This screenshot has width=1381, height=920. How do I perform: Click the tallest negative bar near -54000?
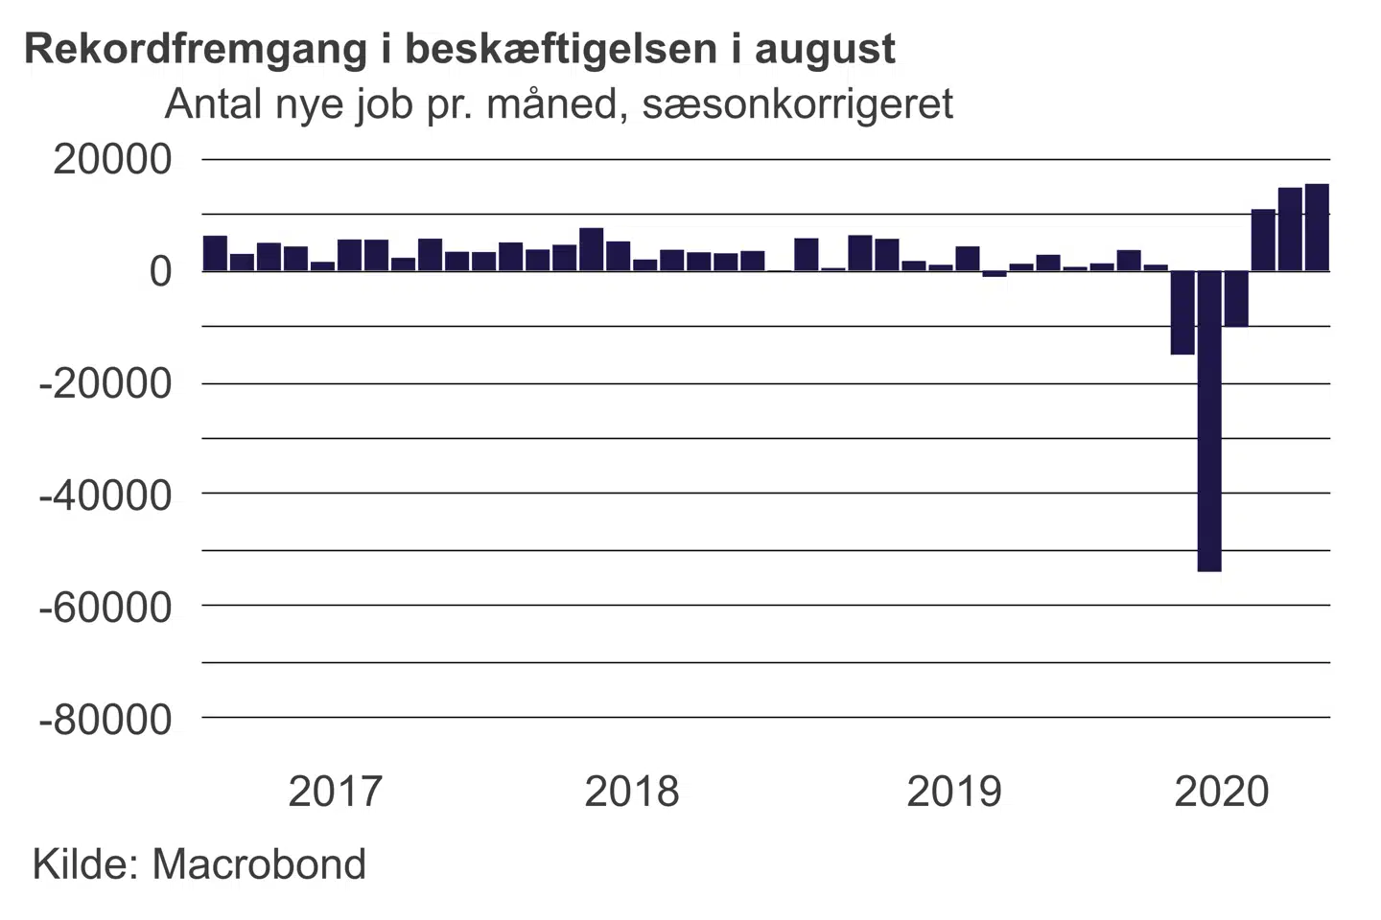1209,421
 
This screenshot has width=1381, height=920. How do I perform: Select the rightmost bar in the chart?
1317,227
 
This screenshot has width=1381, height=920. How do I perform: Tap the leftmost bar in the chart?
215,253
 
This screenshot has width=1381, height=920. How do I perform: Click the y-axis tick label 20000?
113,160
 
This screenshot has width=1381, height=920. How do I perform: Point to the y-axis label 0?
160,271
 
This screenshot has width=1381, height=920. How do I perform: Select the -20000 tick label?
105,383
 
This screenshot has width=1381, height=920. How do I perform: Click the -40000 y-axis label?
105,495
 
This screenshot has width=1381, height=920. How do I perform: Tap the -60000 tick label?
105,607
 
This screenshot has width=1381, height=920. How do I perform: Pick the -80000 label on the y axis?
105,719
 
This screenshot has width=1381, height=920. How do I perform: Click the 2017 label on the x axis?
336,793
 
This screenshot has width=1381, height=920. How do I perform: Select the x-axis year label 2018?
632,793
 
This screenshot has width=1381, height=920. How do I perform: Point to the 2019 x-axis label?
954,793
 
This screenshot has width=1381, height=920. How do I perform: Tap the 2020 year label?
1222,793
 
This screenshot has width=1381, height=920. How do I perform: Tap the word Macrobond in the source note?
259,864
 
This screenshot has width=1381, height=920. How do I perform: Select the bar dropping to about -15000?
1182,312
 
